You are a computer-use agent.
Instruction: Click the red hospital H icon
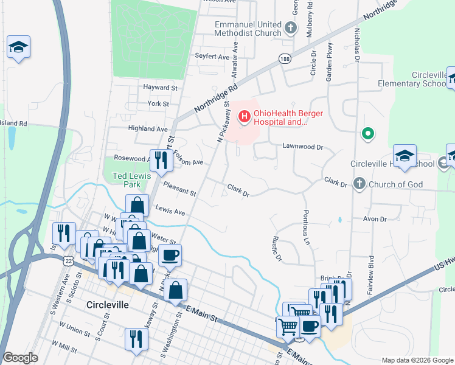(x=244, y=116)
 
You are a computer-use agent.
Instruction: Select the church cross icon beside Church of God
(x=359, y=183)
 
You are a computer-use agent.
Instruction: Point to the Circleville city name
(x=107, y=305)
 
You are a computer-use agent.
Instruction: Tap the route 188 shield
(x=284, y=58)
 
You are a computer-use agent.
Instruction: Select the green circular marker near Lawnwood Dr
(x=367, y=133)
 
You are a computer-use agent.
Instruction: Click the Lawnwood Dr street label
(x=302, y=147)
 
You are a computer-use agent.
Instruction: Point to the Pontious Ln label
(x=307, y=224)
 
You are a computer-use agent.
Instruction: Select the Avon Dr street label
(x=375, y=218)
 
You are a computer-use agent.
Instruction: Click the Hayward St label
(x=160, y=88)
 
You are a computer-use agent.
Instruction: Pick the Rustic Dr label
(x=277, y=248)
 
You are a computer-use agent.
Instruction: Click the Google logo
(x=20, y=358)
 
